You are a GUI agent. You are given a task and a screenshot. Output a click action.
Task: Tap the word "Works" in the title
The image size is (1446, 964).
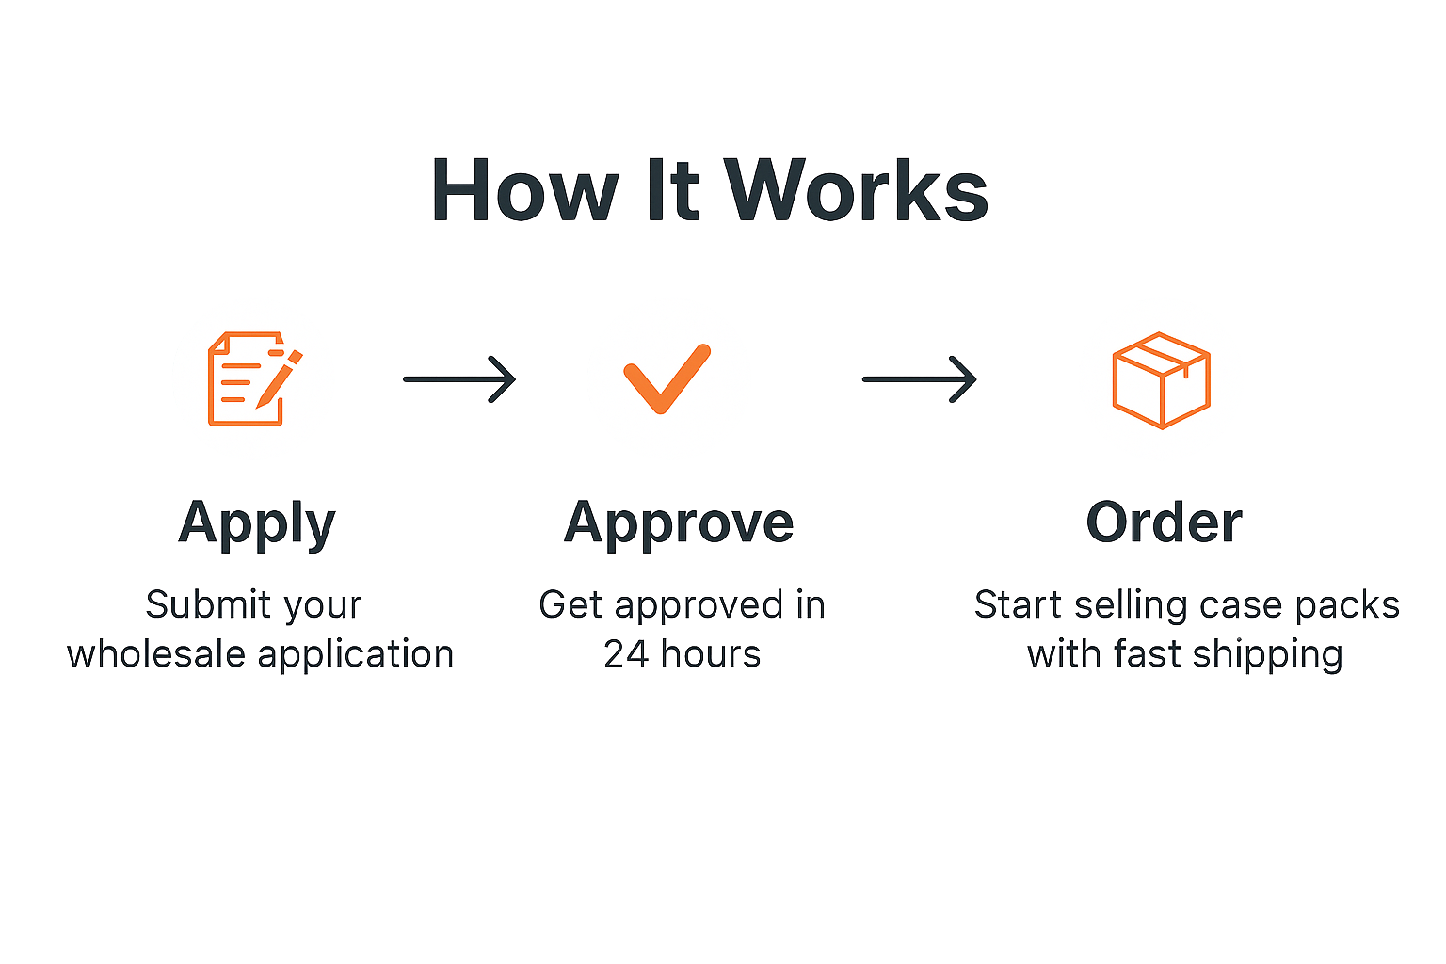click(x=856, y=191)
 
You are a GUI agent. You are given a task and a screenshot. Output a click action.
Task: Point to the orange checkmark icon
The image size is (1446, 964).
click(x=667, y=379)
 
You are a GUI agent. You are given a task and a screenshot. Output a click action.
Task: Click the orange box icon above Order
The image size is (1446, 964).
click(x=1162, y=380)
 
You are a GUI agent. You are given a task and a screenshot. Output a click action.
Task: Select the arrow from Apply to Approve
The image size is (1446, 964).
click(x=459, y=379)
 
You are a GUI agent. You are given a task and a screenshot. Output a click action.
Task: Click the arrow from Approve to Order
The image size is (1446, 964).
click(x=919, y=379)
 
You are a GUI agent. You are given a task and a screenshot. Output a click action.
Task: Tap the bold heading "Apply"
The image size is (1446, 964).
click(x=257, y=524)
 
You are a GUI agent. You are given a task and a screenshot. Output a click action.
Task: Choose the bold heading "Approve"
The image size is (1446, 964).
click(x=679, y=524)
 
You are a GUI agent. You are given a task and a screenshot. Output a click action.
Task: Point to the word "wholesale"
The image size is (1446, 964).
click(x=156, y=654)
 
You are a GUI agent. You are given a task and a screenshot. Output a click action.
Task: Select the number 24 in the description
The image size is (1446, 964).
click(x=626, y=654)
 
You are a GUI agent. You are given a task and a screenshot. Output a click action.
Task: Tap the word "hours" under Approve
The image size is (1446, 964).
click(x=712, y=654)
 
